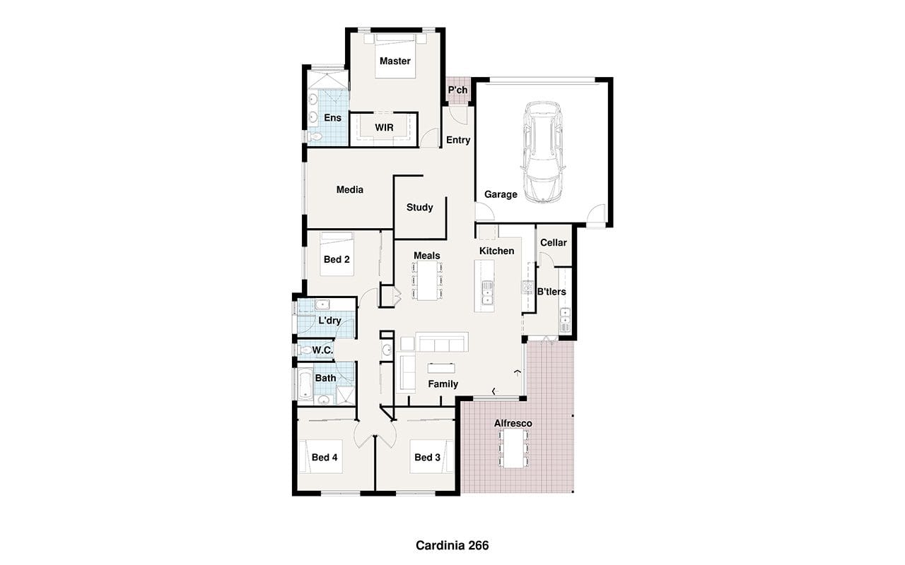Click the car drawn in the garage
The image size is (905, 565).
[542, 152]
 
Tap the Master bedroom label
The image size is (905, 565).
[395, 61]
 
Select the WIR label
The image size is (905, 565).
[384, 128]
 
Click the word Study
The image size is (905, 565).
[419, 208]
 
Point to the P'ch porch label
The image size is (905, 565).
[457, 90]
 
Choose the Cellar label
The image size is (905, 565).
[553, 242]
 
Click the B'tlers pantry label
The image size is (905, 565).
[551, 292]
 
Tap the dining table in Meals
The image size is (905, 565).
[427, 280]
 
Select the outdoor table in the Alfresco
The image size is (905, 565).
[513, 448]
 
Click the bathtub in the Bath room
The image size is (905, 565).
[305, 383]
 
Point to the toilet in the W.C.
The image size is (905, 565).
[305, 350]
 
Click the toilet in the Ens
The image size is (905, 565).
[315, 137]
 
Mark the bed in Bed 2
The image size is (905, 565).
[337, 254]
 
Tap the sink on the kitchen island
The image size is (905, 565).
[488, 293]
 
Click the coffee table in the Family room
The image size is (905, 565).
[441, 368]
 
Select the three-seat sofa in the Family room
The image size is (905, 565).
[442, 343]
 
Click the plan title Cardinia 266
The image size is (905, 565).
[452, 546]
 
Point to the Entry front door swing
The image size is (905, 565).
[460, 116]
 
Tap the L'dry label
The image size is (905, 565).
[329, 321]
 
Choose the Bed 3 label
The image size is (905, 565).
[427, 457]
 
